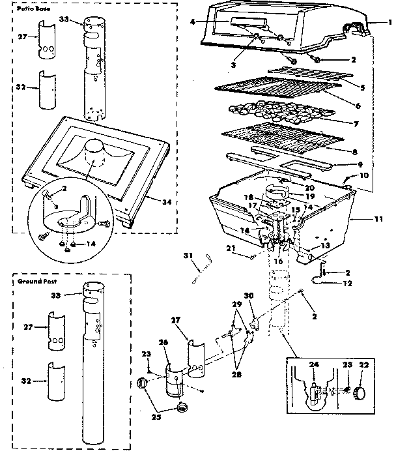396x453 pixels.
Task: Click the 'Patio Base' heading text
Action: tap(29, 11)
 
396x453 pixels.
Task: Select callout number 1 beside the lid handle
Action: tap(389, 22)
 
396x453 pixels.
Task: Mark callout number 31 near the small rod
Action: tap(186, 255)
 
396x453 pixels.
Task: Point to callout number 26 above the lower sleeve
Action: tap(163, 342)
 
